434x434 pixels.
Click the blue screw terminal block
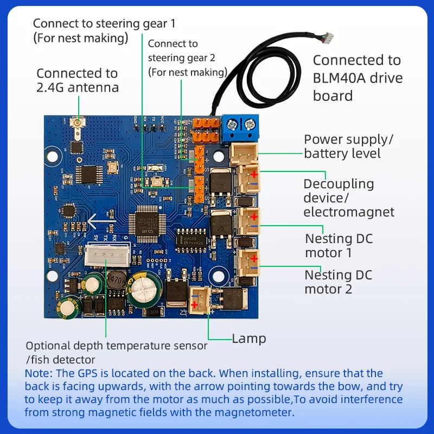[240, 129]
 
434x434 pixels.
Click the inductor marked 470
[116, 280]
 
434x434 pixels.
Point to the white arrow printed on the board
[101, 221]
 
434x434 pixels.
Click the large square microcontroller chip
[147, 224]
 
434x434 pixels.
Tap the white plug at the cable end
[329, 37]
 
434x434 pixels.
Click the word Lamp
[249, 339]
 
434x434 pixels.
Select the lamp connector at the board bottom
[199, 300]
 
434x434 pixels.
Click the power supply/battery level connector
[244, 154]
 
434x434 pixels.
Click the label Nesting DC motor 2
[338, 282]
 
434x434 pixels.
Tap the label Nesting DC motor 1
[339, 246]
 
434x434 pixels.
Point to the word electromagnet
[349, 212]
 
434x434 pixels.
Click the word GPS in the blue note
[88, 373]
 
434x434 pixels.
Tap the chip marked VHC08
[192, 240]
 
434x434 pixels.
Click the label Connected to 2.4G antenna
[78, 80]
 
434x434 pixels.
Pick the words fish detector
[63, 360]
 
